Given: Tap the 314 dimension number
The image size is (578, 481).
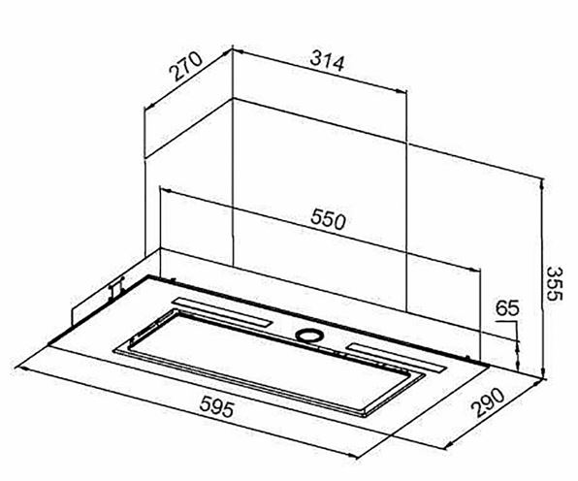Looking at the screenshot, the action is (x=327, y=62).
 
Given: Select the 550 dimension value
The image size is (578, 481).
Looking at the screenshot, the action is (x=328, y=219).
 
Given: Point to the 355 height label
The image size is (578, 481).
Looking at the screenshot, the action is (x=554, y=283).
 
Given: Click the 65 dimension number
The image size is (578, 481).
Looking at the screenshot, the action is (x=507, y=308).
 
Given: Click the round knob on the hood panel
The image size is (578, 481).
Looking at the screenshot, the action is (x=309, y=335).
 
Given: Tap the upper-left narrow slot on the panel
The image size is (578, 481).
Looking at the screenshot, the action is (x=222, y=311).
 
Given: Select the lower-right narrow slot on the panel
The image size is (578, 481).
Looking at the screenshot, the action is (x=396, y=357).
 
